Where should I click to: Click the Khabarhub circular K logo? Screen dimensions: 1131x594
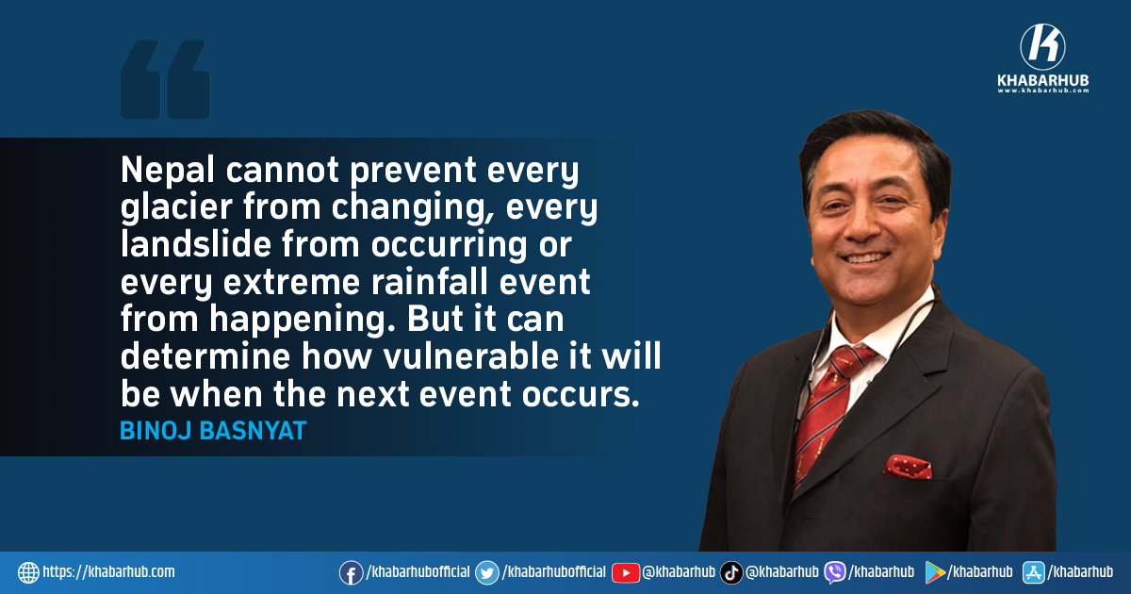click(1042, 47)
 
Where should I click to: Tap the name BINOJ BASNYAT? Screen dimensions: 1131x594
click(213, 431)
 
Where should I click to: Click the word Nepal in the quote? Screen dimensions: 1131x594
click(168, 171)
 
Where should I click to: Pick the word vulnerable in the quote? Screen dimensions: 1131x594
click(470, 355)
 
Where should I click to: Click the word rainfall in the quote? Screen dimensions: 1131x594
click(430, 281)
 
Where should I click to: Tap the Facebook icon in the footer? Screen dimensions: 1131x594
click(351, 573)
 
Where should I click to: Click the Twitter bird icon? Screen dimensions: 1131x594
click(487, 573)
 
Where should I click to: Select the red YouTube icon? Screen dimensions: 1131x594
click(626, 573)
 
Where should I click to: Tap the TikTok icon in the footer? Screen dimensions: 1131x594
click(731, 573)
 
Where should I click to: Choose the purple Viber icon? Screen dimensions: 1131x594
click(835, 573)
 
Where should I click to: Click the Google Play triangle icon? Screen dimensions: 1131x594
click(935, 573)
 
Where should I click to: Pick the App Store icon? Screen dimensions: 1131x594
click(1034, 573)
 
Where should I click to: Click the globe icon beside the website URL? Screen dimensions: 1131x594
click(29, 573)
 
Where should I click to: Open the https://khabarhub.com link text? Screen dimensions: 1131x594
click(108, 571)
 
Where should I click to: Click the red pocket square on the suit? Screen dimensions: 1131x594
click(908, 466)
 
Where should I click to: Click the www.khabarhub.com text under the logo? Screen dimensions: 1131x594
click(1043, 91)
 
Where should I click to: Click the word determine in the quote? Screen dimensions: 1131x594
click(205, 355)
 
